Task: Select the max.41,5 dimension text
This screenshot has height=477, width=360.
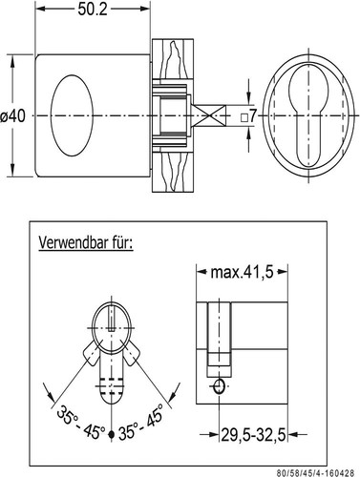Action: pyautogui.click(x=244, y=274)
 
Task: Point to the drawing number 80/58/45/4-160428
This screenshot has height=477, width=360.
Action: pyautogui.click(x=307, y=468)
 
